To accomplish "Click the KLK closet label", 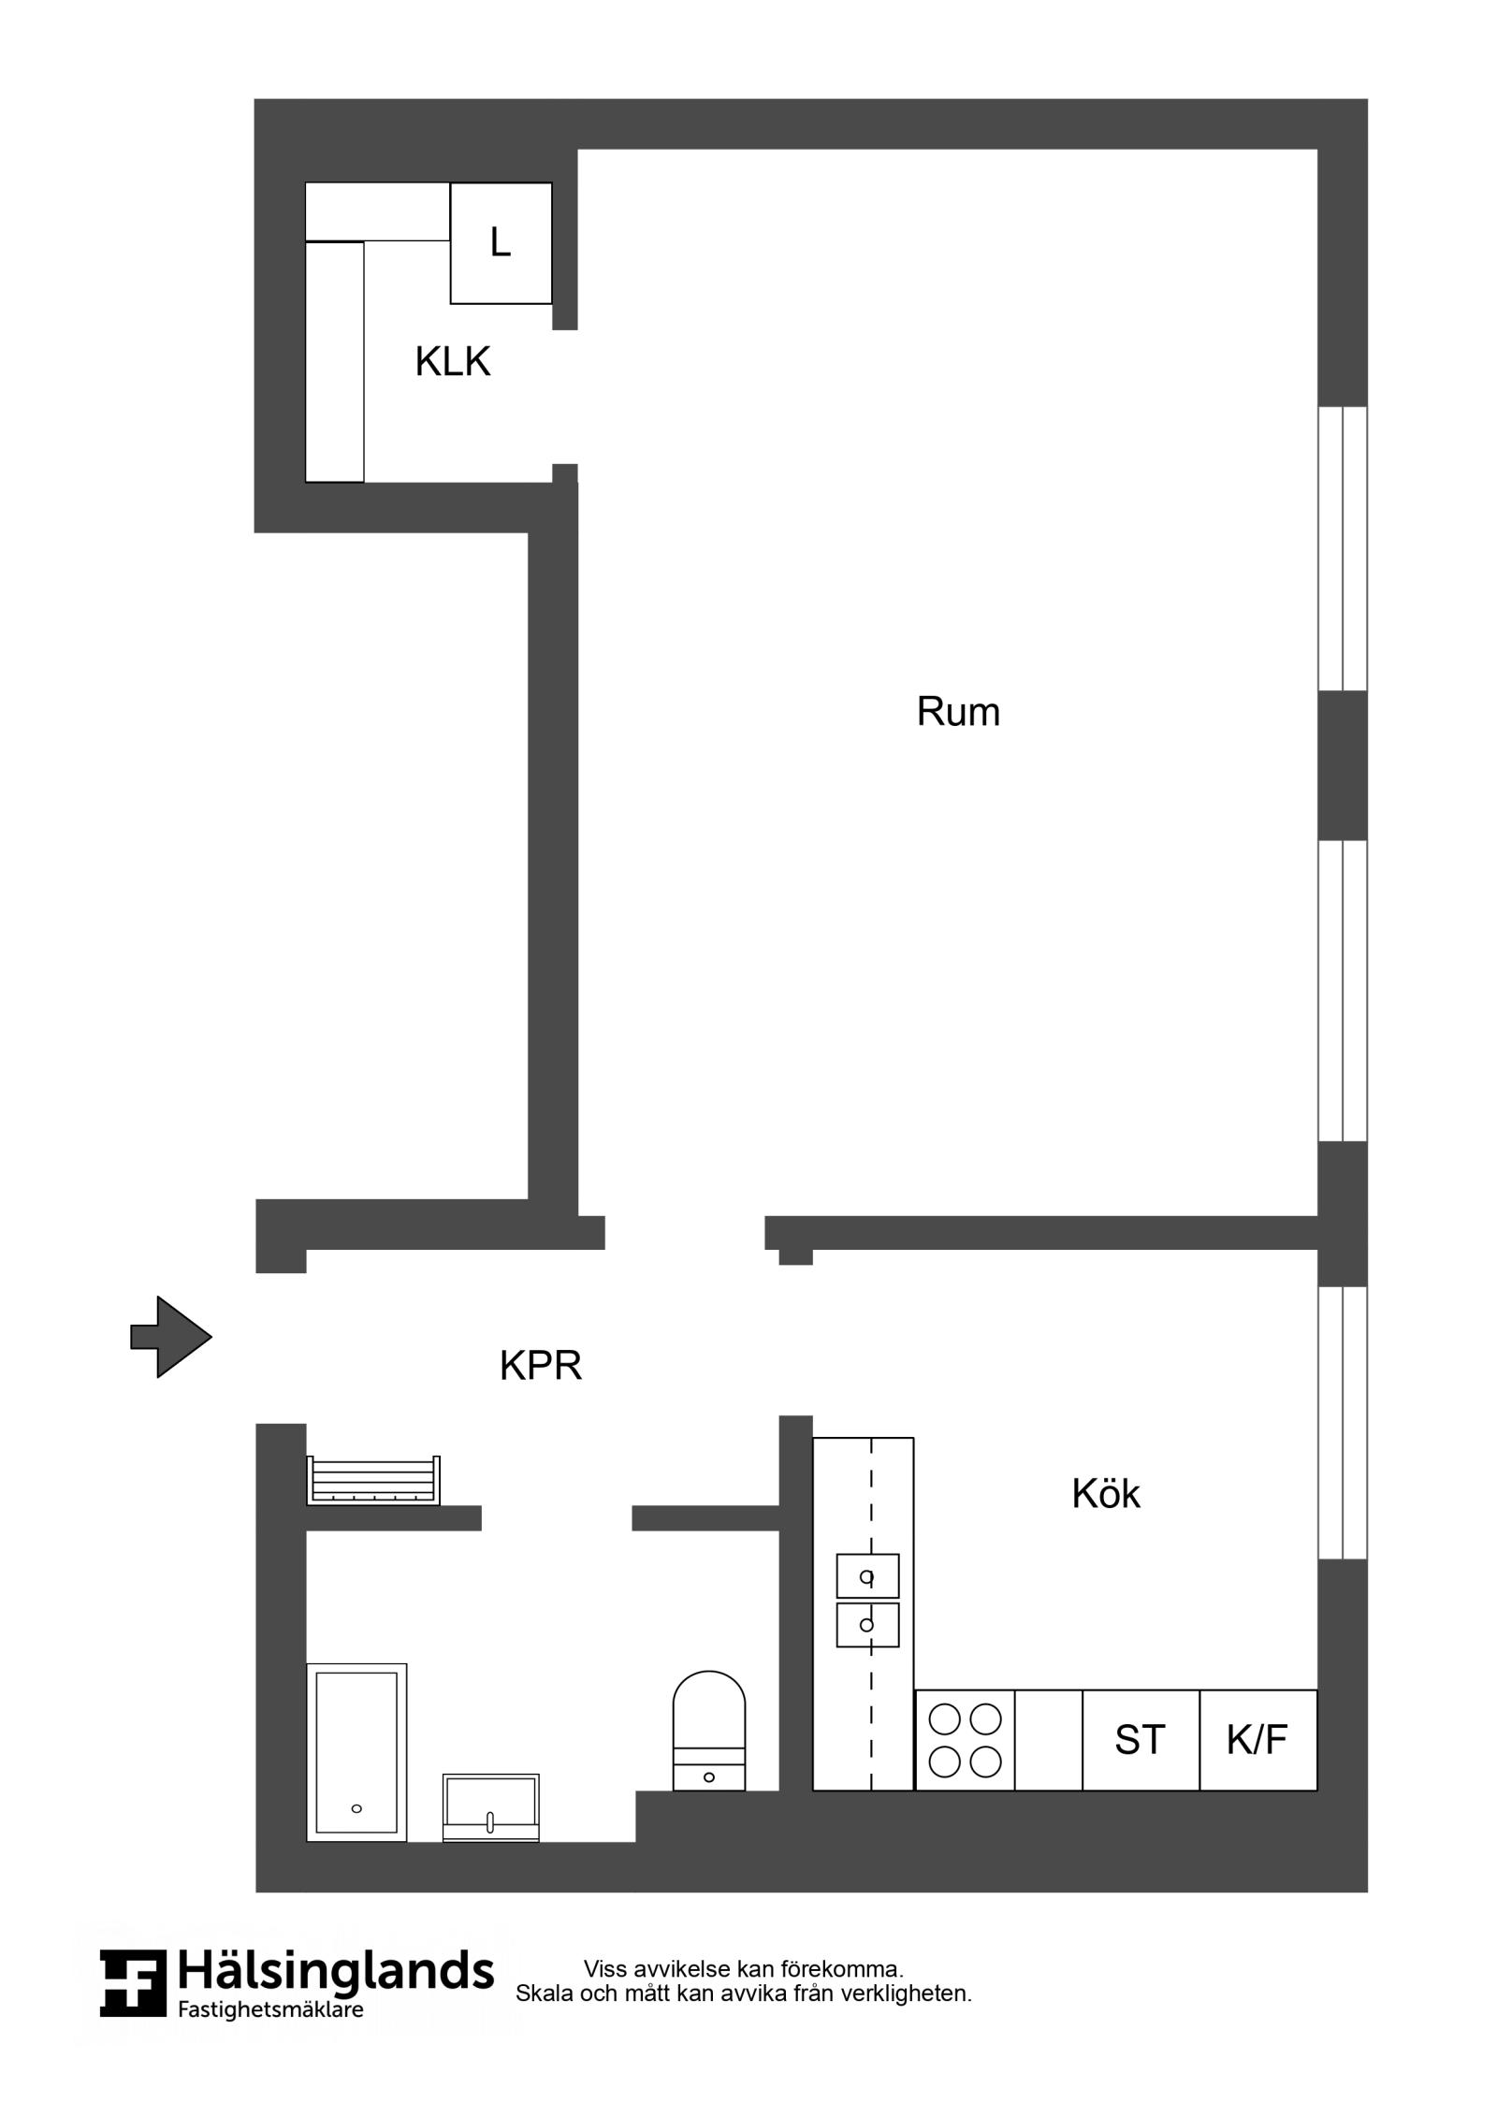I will tap(452, 362).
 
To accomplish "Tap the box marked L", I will tap(501, 243).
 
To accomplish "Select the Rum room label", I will tap(957, 712).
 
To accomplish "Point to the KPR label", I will tap(540, 1366).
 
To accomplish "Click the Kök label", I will tap(1105, 1494).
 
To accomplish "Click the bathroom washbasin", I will tap(490, 1806).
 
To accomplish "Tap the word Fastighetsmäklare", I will tap(270, 2008).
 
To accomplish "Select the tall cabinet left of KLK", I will tap(335, 362).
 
